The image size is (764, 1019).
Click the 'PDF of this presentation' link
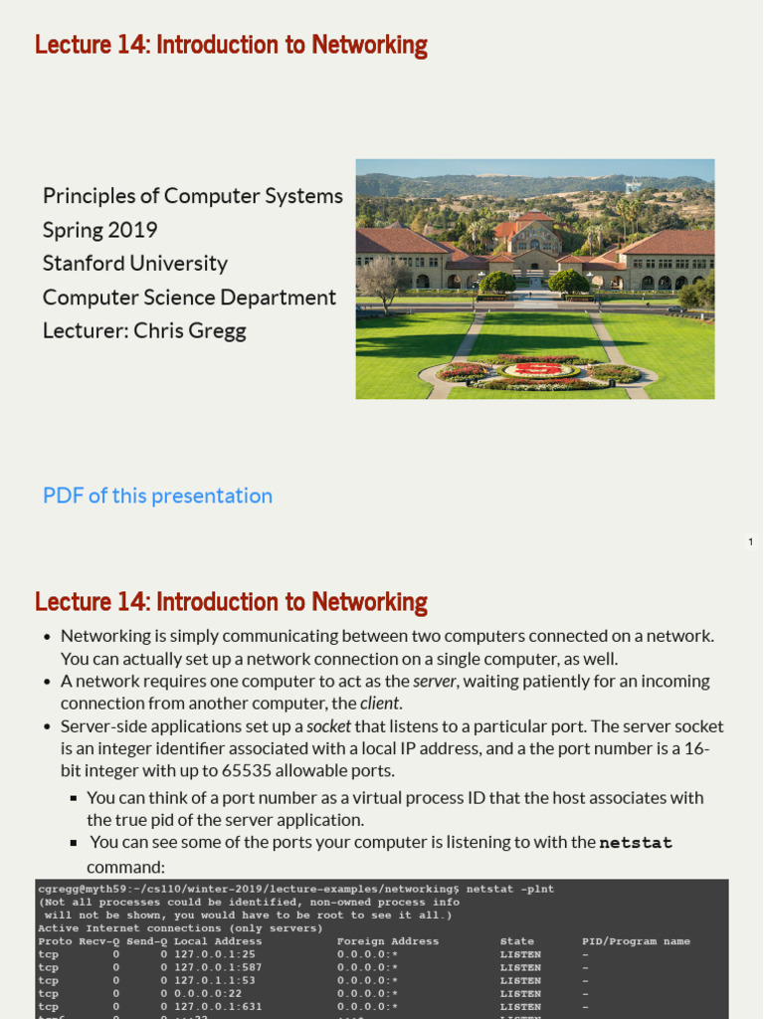pyautogui.click(x=157, y=496)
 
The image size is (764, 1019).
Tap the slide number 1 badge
pyautogui.click(x=751, y=541)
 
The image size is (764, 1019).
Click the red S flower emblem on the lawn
pyautogui.click(x=537, y=369)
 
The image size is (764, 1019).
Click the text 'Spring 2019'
pyautogui.click(x=100, y=230)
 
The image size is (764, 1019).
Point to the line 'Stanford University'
pyautogui.click(x=135, y=263)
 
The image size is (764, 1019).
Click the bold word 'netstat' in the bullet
pyautogui.click(x=636, y=843)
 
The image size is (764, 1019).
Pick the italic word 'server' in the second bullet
pyautogui.click(x=436, y=681)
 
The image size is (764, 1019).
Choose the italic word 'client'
pyautogui.click(x=379, y=704)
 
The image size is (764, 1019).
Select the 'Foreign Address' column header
pyautogui.click(x=388, y=941)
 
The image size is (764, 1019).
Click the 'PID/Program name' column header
pyautogui.click(x=636, y=941)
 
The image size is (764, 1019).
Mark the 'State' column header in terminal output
pyautogui.click(x=517, y=941)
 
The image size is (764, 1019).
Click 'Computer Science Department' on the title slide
pyautogui.click(x=189, y=297)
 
